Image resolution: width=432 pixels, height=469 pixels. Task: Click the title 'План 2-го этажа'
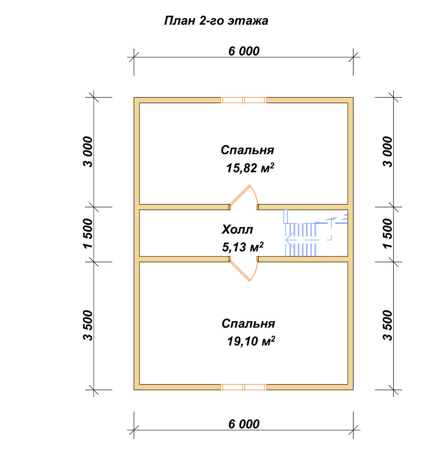click(x=216, y=21)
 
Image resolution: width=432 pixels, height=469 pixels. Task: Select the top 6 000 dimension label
click(x=244, y=51)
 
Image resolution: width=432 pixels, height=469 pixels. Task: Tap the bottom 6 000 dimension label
click(x=244, y=424)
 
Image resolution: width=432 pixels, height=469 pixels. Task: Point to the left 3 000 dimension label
click(x=88, y=152)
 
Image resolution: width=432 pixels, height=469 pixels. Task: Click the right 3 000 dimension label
click(x=387, y=152)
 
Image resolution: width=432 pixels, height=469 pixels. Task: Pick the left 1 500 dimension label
click(x=88, y=233)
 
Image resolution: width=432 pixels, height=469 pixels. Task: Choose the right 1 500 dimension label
click(x=387, y=233)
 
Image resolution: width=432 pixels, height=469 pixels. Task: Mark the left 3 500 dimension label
click(x=88, y=325)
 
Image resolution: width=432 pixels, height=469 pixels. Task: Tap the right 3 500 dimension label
click(x=387, y=325)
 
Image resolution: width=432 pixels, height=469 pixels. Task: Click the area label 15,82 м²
click(x=250, y=168)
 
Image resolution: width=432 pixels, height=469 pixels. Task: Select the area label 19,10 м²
click(x=251, y=341)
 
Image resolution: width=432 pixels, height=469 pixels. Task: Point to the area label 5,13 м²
click(x=243, y=247)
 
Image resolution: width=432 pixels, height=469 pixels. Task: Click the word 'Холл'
click(x=237, y=230)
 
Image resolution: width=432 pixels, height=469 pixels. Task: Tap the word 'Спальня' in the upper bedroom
click(x=247, y=150)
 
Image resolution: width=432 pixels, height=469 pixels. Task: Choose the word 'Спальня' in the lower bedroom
click(x=248, y=323)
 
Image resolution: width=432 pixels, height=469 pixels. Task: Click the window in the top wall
click(x=244, y=100)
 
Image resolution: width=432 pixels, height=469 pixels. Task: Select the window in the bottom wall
click(x=244, y=387)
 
